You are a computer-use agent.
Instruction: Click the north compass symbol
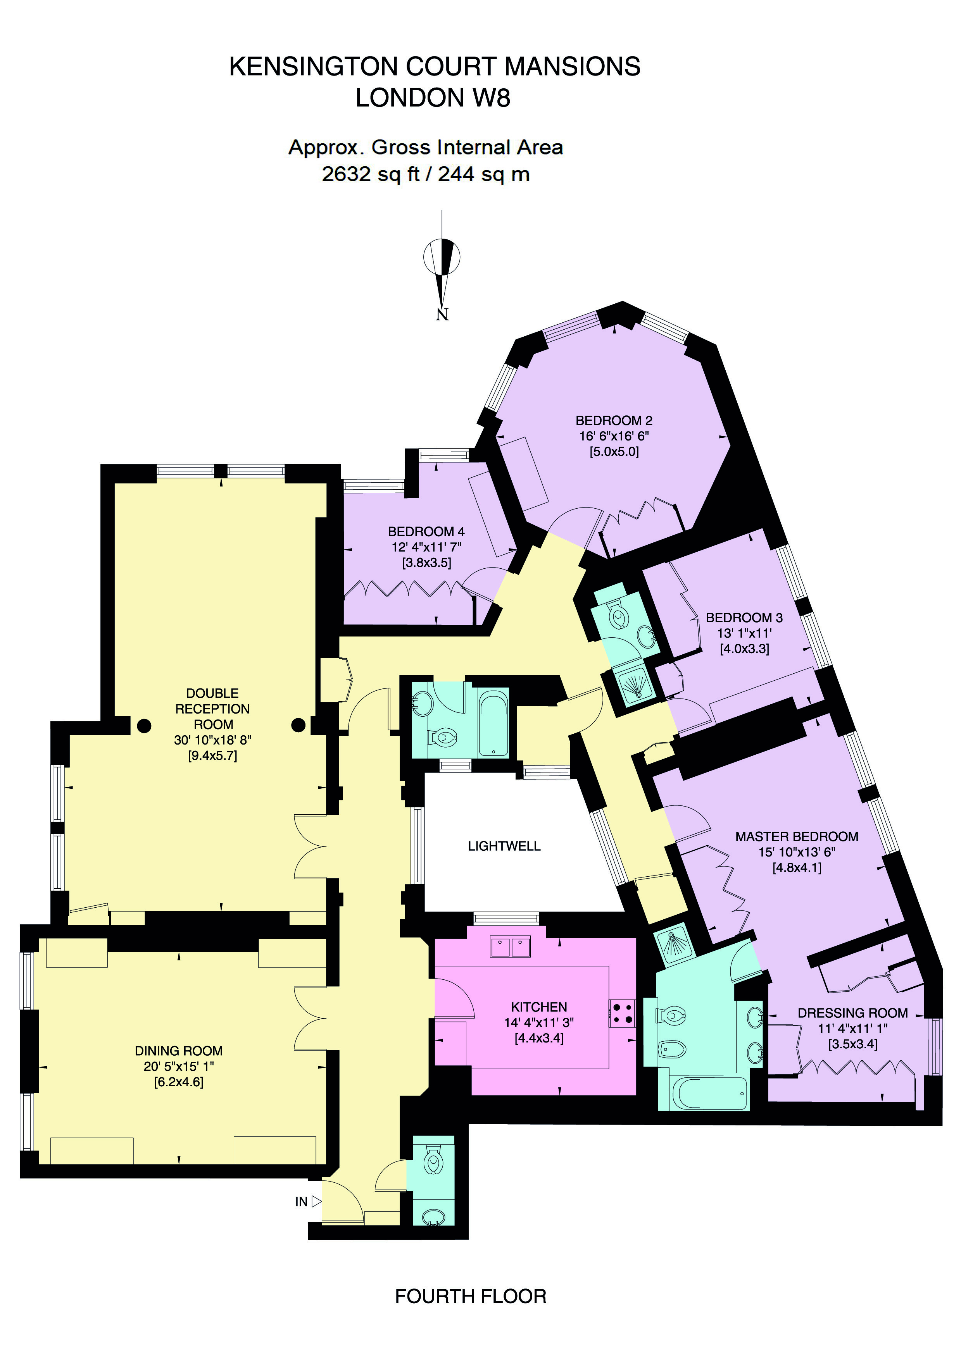pyautogui.click(x=442, y=265)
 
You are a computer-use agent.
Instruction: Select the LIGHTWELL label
pyautogui.click(x=504, y=846)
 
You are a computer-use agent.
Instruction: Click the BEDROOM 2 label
pyautogui.click(x=614, y=420)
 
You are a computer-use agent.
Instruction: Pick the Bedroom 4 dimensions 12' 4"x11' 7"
pyautogui.click(x=426, y=547)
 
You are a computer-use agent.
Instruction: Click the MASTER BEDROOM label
pyautogui.click(x=796, y=836)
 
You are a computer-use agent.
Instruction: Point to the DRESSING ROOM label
pyautogui.click(x=852, y=1013)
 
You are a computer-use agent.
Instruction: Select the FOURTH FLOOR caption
pyautogui.click(x=471, y=1296)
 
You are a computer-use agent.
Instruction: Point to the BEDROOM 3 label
pyautogui.click(x=744, y=618)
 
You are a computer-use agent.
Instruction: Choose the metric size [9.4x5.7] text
pyautogui.click(x=212, y=755)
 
